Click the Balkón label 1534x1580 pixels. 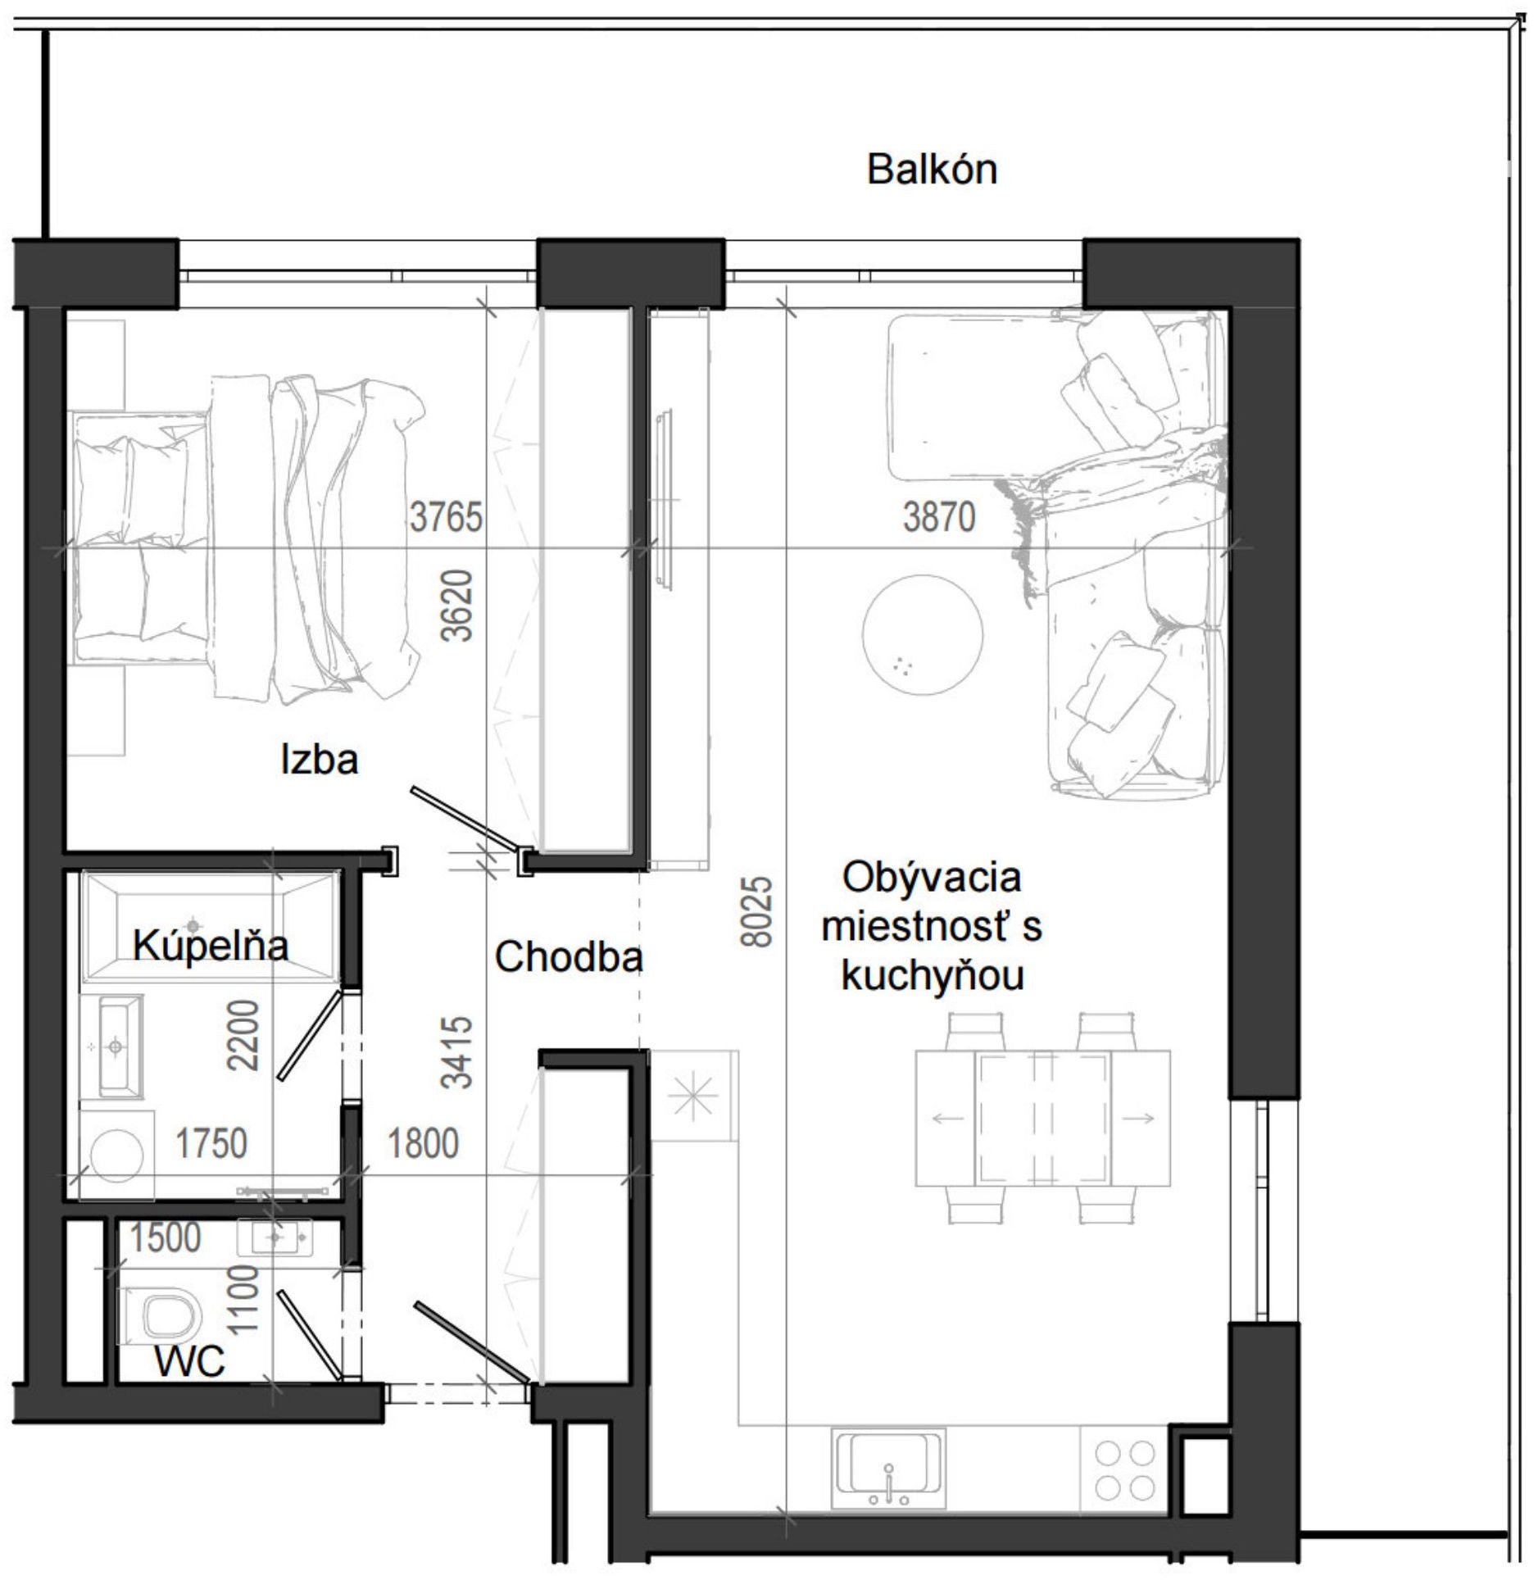(932, 170)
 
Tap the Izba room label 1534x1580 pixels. (320, 760)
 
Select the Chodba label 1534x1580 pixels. (569, 957)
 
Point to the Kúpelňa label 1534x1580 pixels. (211, 945)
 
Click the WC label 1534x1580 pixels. (189, 1363)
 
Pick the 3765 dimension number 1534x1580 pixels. (447, 517)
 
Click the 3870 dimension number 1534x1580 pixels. (939, 517)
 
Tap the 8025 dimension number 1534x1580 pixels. (756, 912)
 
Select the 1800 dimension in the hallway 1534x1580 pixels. (423, 1143)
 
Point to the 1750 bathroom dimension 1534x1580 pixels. (211, 1143)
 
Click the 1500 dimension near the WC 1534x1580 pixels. (165, 1237)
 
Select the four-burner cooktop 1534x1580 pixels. (1125, 1469)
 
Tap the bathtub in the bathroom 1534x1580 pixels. (210, 926)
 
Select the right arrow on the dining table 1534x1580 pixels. (1139, 1118)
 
